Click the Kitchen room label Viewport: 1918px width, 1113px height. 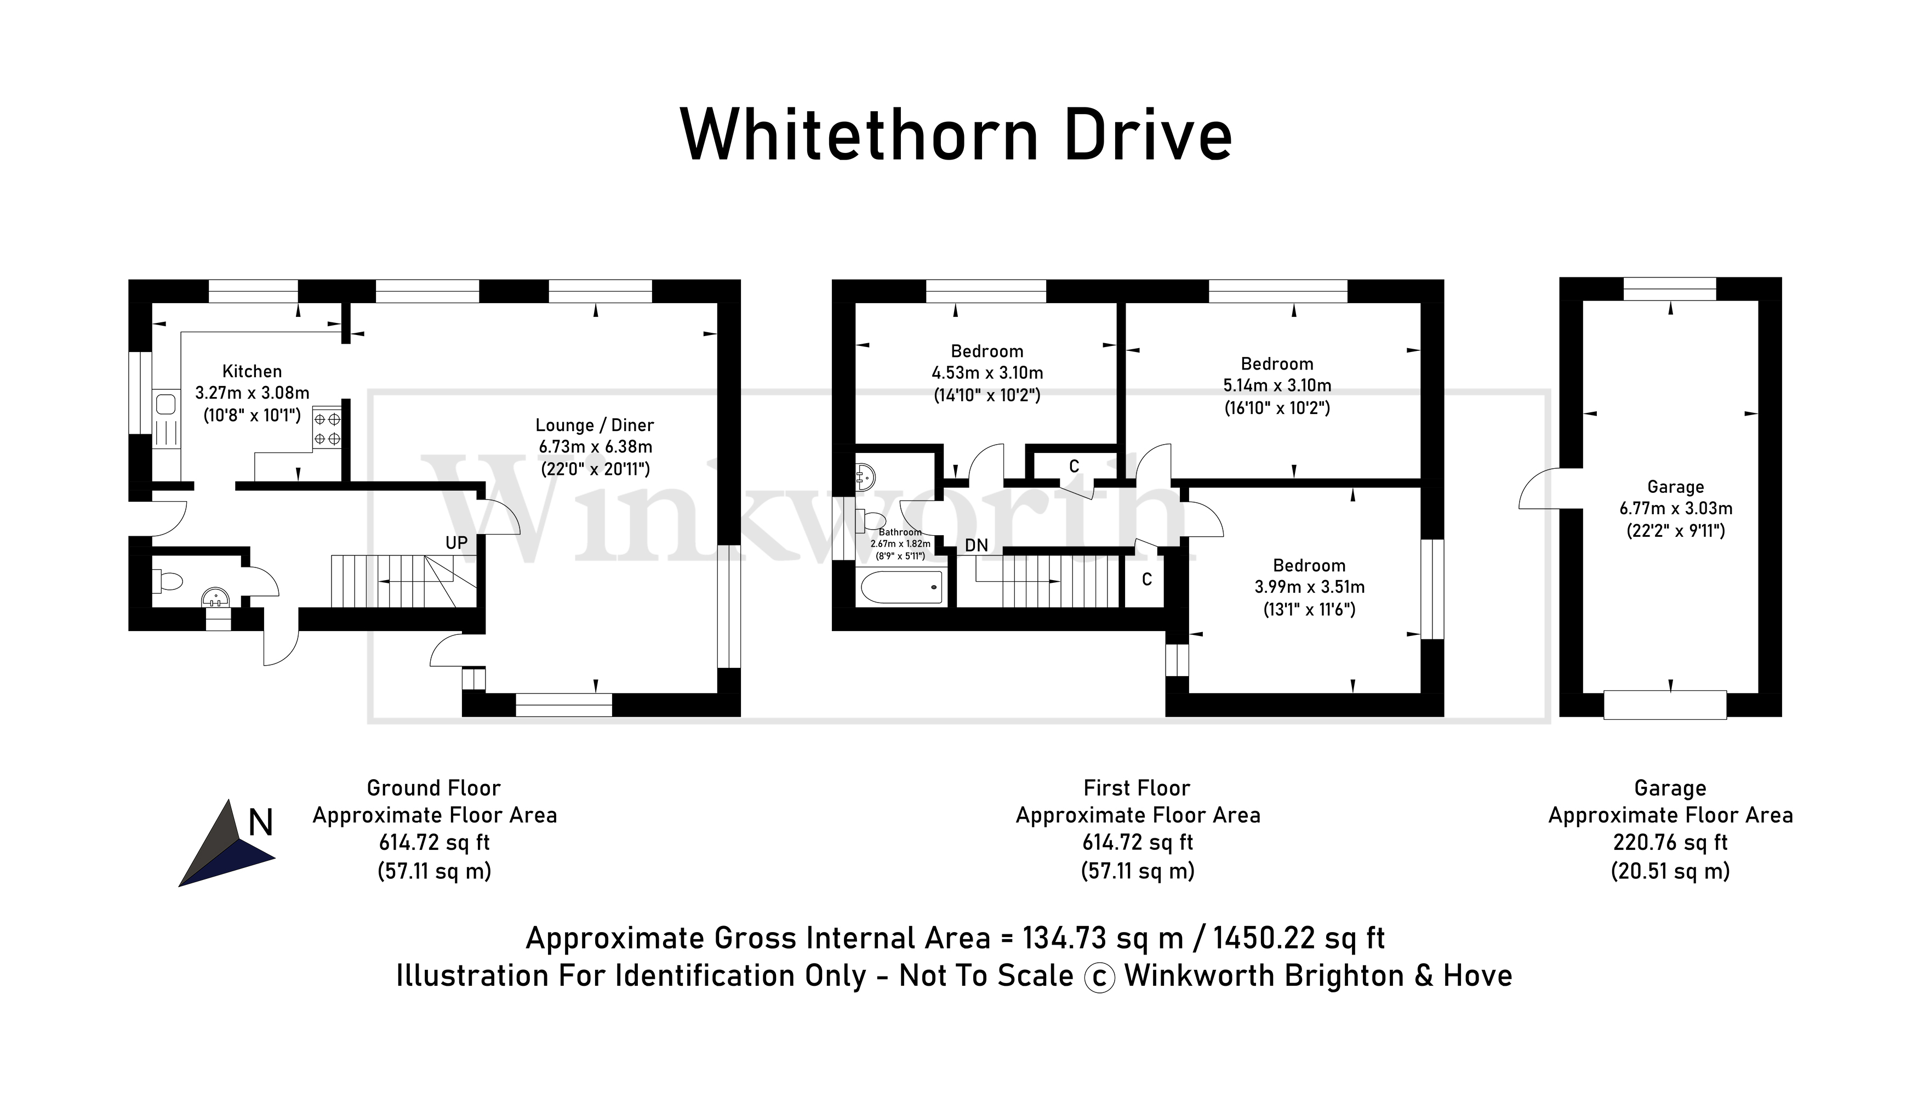[252, 372]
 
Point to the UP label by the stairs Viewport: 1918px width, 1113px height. [456, 543]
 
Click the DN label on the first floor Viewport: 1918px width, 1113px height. [977, 545]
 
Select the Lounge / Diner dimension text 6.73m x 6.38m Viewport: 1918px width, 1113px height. [595, 447]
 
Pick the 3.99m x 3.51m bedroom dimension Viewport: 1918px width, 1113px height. [1309, 587]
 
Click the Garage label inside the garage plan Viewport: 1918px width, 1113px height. [1675, 486]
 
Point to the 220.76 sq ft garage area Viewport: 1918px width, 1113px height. [1670, 843]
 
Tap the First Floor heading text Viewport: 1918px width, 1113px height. [1137, 788]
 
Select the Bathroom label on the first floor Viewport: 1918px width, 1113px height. [900, 532]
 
